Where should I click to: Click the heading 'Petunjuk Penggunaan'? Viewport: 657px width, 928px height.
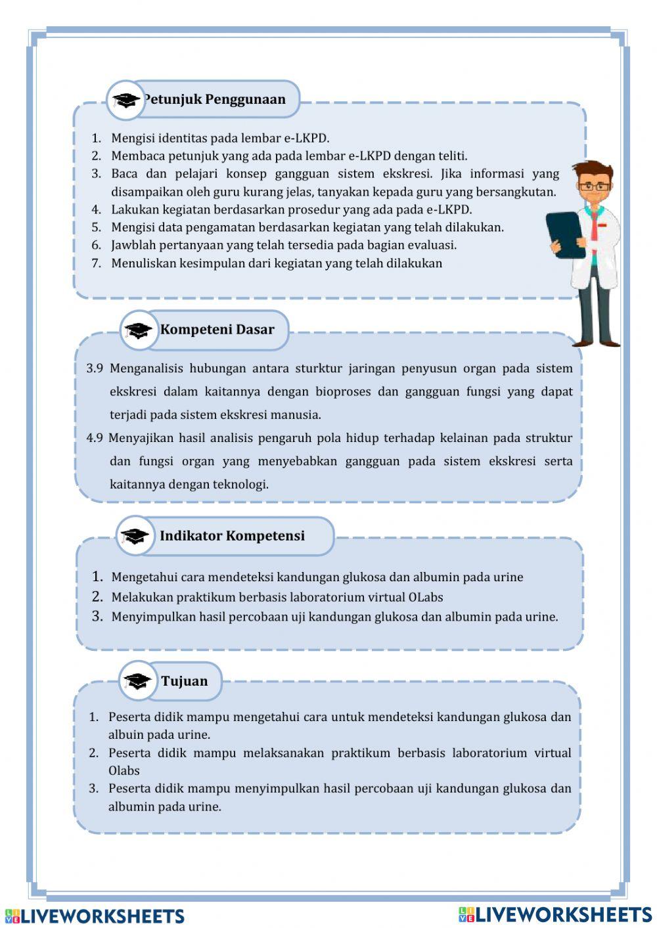(x=215, y=100)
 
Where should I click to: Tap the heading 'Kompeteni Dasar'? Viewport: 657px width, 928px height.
(x=217, y=330)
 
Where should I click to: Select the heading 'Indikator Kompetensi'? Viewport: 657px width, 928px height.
(x=232, y=536)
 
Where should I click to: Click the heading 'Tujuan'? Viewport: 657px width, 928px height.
(x=185, y=681)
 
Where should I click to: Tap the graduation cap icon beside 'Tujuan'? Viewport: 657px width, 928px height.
(x=137, y=682)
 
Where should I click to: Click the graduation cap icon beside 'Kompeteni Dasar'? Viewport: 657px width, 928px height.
(x=138, y=330)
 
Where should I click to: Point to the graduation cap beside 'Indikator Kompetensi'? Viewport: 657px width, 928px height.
(x=135, y=537)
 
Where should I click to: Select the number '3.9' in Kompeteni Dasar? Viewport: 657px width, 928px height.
(x=95, y=368)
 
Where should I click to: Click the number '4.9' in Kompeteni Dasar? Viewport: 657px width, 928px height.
(x=95, y=438)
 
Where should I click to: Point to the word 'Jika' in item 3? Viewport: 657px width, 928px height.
(x=451, y=174)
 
